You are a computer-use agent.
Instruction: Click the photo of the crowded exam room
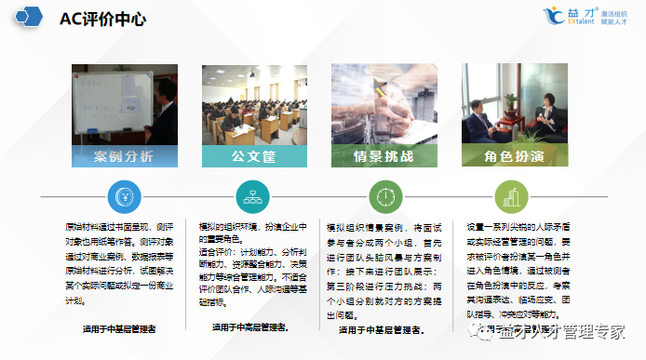click(254, 105)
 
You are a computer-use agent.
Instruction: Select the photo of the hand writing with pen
click(384, 105)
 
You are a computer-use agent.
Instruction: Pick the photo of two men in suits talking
click(514, 105)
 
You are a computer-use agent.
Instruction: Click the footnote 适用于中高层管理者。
click(249, 327)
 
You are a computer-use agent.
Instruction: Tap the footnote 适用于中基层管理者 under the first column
click(119, 328)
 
